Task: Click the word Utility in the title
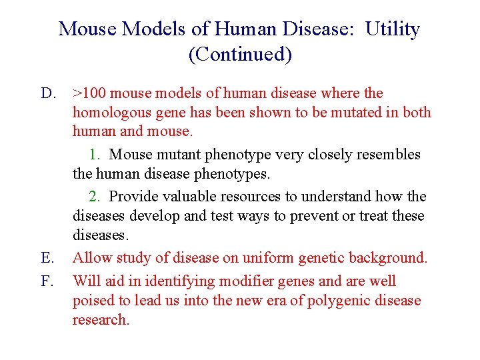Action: [x=393, y=29]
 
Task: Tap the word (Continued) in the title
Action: [x=240, y=54]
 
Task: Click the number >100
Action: [x=89, y=93]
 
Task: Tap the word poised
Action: [x=93, y=301]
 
